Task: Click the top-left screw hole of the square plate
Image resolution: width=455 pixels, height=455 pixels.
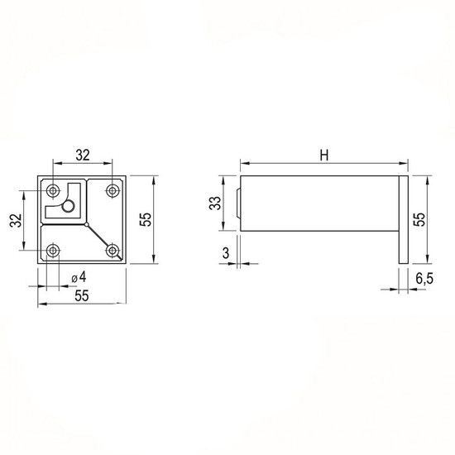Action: pos(53,190)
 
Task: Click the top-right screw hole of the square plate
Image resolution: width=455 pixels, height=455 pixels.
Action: pos(113,190)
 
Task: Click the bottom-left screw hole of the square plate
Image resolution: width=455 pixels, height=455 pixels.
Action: pos(53,250)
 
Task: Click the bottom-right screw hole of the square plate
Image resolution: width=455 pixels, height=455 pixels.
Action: pos(113,250)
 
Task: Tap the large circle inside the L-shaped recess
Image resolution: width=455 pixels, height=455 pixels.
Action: pos(69,206)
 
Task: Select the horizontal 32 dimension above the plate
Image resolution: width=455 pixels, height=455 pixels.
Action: pos(83,156)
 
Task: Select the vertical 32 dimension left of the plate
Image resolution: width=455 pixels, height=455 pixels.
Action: pos(16,220)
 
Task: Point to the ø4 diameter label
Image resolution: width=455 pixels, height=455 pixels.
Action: pos(79,277)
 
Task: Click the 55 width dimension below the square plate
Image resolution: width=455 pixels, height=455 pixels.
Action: pos(82,296)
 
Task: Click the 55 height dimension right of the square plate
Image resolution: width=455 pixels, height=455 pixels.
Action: pos(146,219)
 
